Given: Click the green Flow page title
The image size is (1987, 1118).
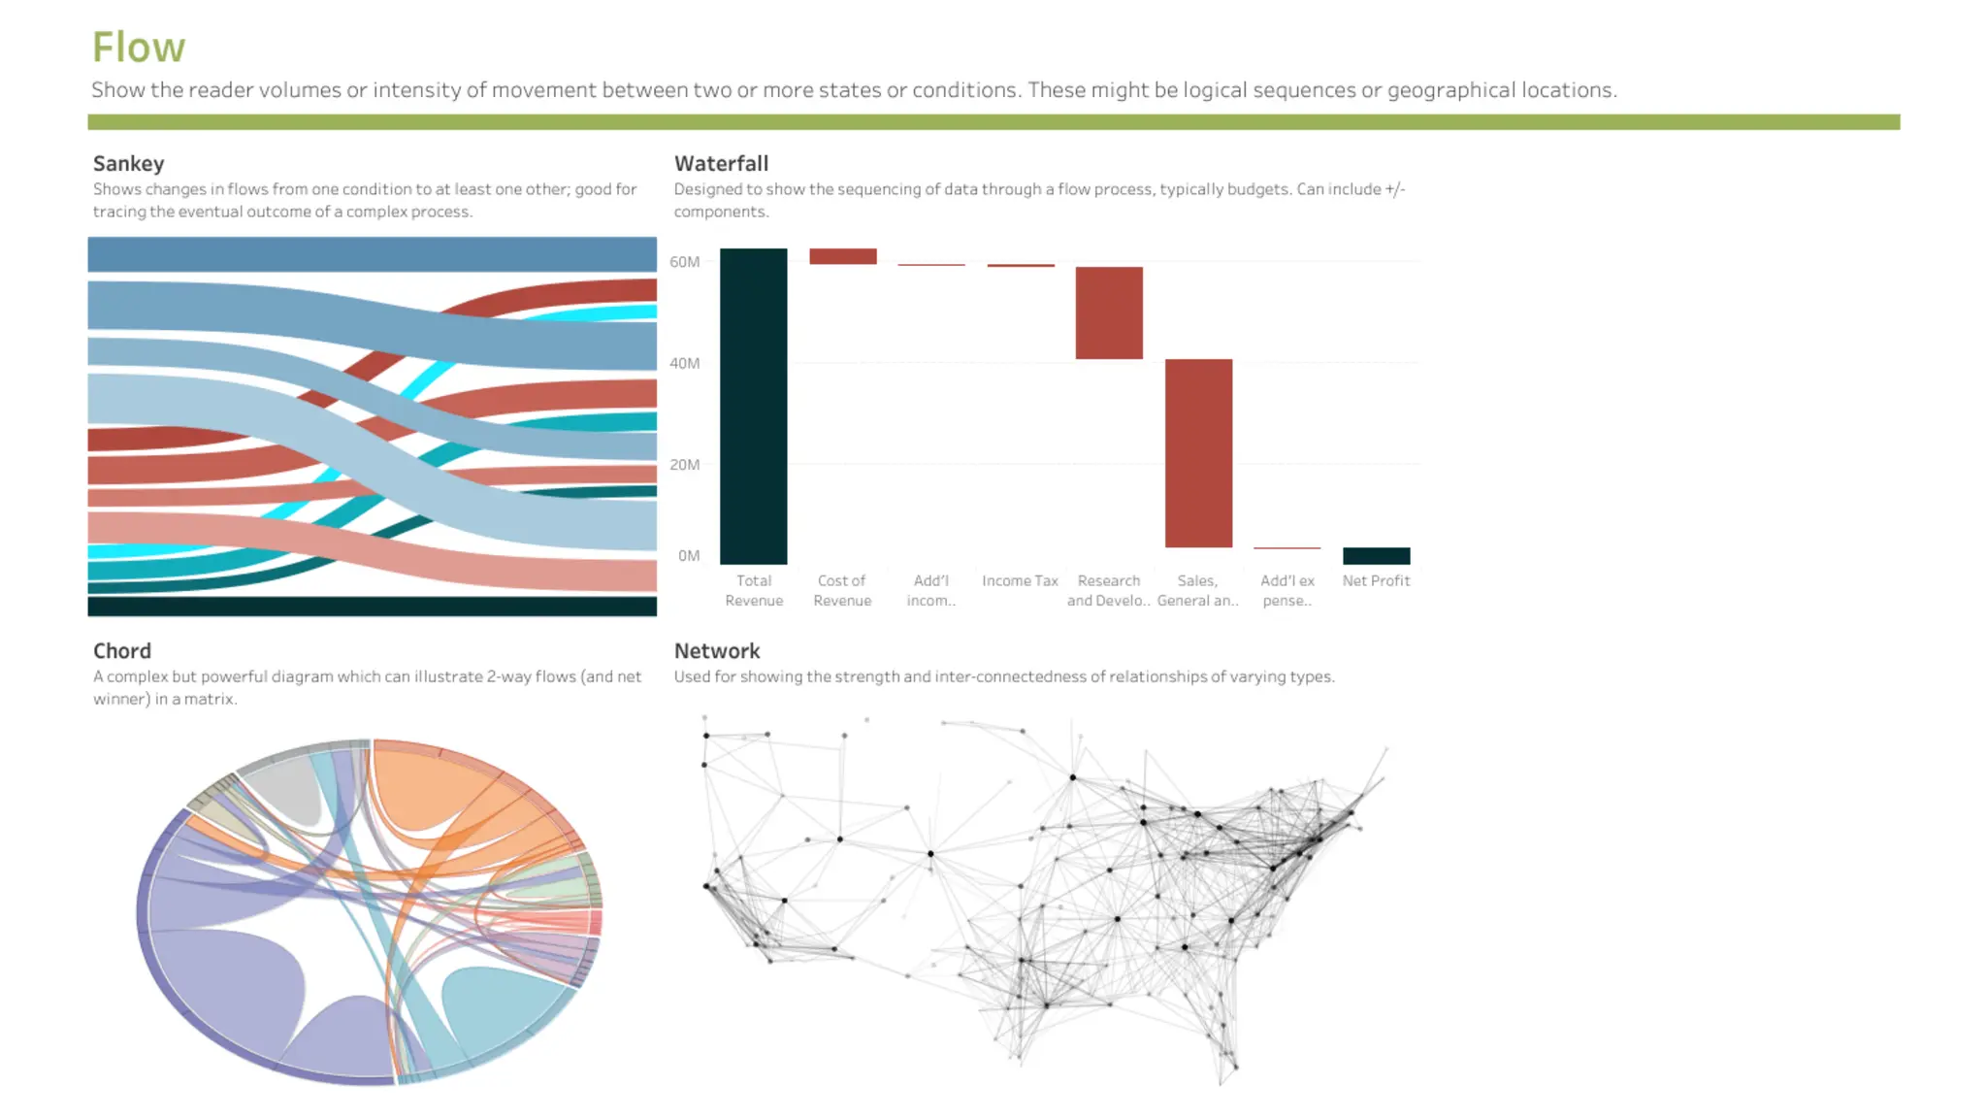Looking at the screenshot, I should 138,47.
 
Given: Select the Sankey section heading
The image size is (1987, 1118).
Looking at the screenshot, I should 128,163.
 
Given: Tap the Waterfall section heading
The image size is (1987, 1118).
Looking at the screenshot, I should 721,163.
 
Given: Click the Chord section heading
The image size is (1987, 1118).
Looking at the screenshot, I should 121,650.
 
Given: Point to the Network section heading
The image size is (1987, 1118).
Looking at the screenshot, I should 717,650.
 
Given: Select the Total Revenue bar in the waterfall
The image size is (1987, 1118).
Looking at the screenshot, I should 753,406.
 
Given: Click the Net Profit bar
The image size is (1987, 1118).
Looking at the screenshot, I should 1376,555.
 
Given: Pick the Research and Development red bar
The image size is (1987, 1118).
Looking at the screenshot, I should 1109,312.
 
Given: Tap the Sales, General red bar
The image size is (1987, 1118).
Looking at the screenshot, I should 1198,453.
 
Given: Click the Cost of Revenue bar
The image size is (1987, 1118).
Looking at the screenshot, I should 842,256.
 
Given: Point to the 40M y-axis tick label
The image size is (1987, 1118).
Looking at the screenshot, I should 684,363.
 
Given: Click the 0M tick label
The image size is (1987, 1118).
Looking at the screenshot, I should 689,555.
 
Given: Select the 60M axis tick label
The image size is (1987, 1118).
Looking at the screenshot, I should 684,261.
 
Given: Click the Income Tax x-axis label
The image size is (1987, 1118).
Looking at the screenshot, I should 1020,580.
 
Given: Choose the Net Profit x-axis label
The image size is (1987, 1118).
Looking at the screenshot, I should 1376,580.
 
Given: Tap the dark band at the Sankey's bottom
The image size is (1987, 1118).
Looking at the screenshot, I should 372,607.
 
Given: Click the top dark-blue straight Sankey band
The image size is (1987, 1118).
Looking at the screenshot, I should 372,254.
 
